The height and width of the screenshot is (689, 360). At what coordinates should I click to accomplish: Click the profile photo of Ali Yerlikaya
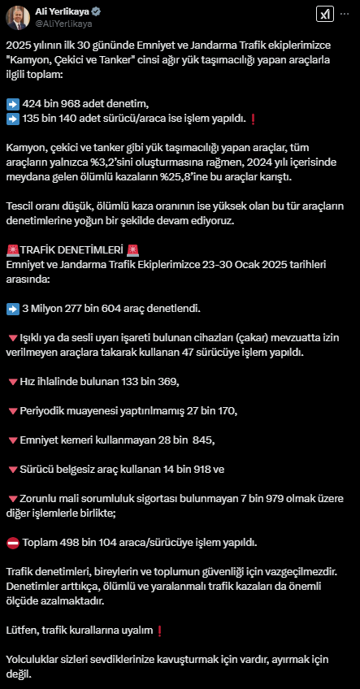(18, 18)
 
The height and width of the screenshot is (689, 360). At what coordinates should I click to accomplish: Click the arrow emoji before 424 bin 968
(12, 104)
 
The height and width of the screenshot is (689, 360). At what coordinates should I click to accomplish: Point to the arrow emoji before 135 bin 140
(12, 119)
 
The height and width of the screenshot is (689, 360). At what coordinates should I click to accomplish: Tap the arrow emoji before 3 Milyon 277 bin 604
(12, 309)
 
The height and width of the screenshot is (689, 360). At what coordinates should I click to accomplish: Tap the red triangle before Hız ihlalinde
(12, 381)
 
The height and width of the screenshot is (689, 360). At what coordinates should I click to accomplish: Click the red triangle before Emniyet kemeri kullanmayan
(12, 440)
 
